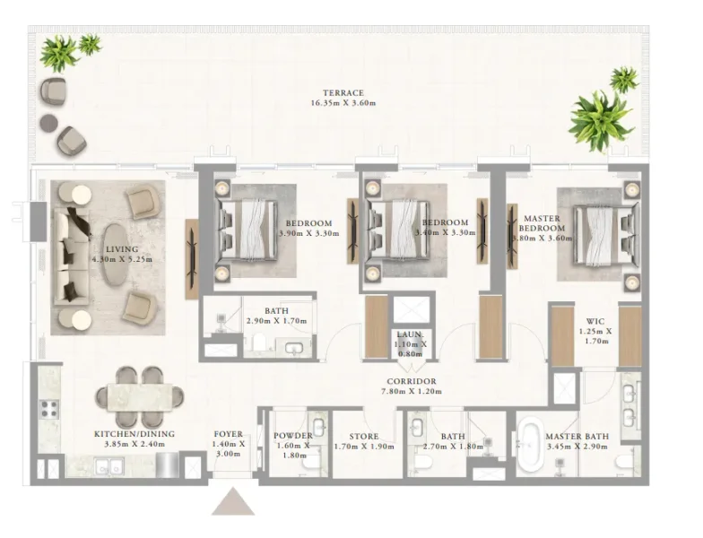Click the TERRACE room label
(344, 92)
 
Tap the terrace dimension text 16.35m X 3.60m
(344, 103)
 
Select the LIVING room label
(121, 249)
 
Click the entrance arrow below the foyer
(233, 501)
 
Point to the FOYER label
(229, 434)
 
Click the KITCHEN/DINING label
(135, 434)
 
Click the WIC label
(595, 320)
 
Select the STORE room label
(363, 437)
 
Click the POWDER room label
(293, 437)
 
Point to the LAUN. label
(412, 334)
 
